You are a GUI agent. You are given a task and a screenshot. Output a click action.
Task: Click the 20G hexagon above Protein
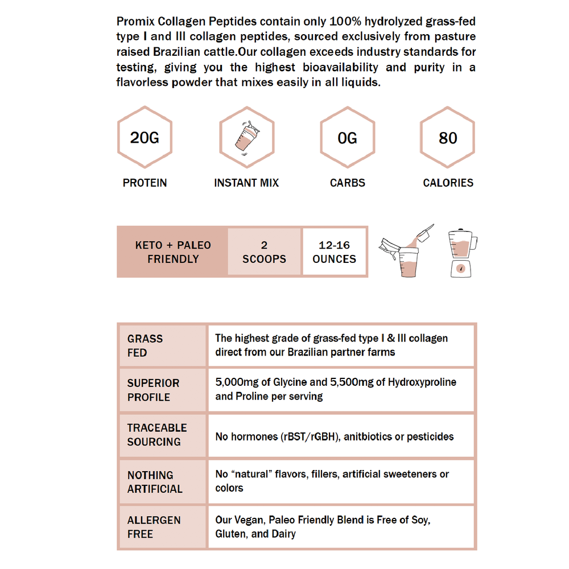(145, 138)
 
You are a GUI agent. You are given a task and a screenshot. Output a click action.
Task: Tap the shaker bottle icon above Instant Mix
(246, 138)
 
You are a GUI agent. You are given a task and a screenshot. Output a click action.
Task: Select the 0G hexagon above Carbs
(347, 138)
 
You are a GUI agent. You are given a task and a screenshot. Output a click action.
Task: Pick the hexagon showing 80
(448, 138)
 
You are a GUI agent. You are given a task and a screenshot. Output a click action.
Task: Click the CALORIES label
(448, 183)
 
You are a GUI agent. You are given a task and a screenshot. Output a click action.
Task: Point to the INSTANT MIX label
(246, 183)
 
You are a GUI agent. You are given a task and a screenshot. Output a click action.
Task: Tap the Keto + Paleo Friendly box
(172, 252)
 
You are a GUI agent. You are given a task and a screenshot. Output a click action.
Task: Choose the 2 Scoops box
(264, 252)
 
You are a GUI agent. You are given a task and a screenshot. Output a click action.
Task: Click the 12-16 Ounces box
(335, 252)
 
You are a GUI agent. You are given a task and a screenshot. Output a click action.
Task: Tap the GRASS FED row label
(145, 345)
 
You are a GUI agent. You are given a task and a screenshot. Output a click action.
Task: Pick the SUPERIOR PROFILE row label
(153, 390)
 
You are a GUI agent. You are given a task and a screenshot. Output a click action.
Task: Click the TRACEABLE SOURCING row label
(156, 435)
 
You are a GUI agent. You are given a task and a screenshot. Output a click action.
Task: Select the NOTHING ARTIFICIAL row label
(155, 481)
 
